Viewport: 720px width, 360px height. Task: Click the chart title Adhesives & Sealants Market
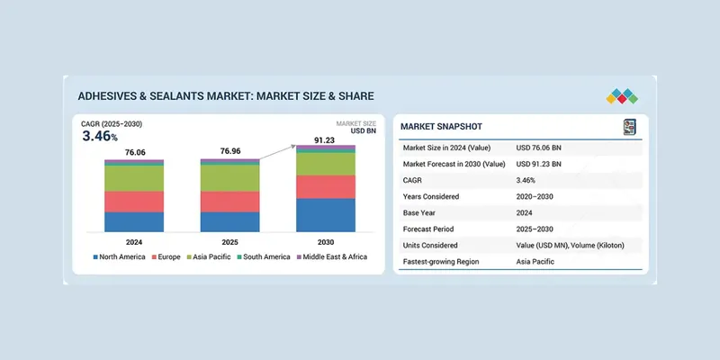tap(225, 95)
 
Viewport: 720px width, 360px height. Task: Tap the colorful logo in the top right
tap(622, 96)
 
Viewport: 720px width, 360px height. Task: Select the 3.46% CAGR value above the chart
tap(100, 137)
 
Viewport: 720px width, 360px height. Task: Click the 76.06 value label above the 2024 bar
tap(134, 151)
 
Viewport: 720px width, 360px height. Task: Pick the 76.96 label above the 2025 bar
tap(229, 151)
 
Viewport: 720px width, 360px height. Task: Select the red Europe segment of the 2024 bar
tap(134, 202)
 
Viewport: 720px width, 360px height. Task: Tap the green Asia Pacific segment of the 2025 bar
tap(229, 178)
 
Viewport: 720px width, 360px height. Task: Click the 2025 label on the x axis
tap(229, 243)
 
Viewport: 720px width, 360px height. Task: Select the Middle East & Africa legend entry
tap(333, 257)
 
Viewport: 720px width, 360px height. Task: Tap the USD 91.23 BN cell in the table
tap(539, 164)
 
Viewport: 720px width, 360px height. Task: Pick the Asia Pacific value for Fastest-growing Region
tap(535, 261)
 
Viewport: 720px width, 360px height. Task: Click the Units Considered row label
tap(436, 245)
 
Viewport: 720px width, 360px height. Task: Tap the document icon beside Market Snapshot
tap(629, 127)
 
